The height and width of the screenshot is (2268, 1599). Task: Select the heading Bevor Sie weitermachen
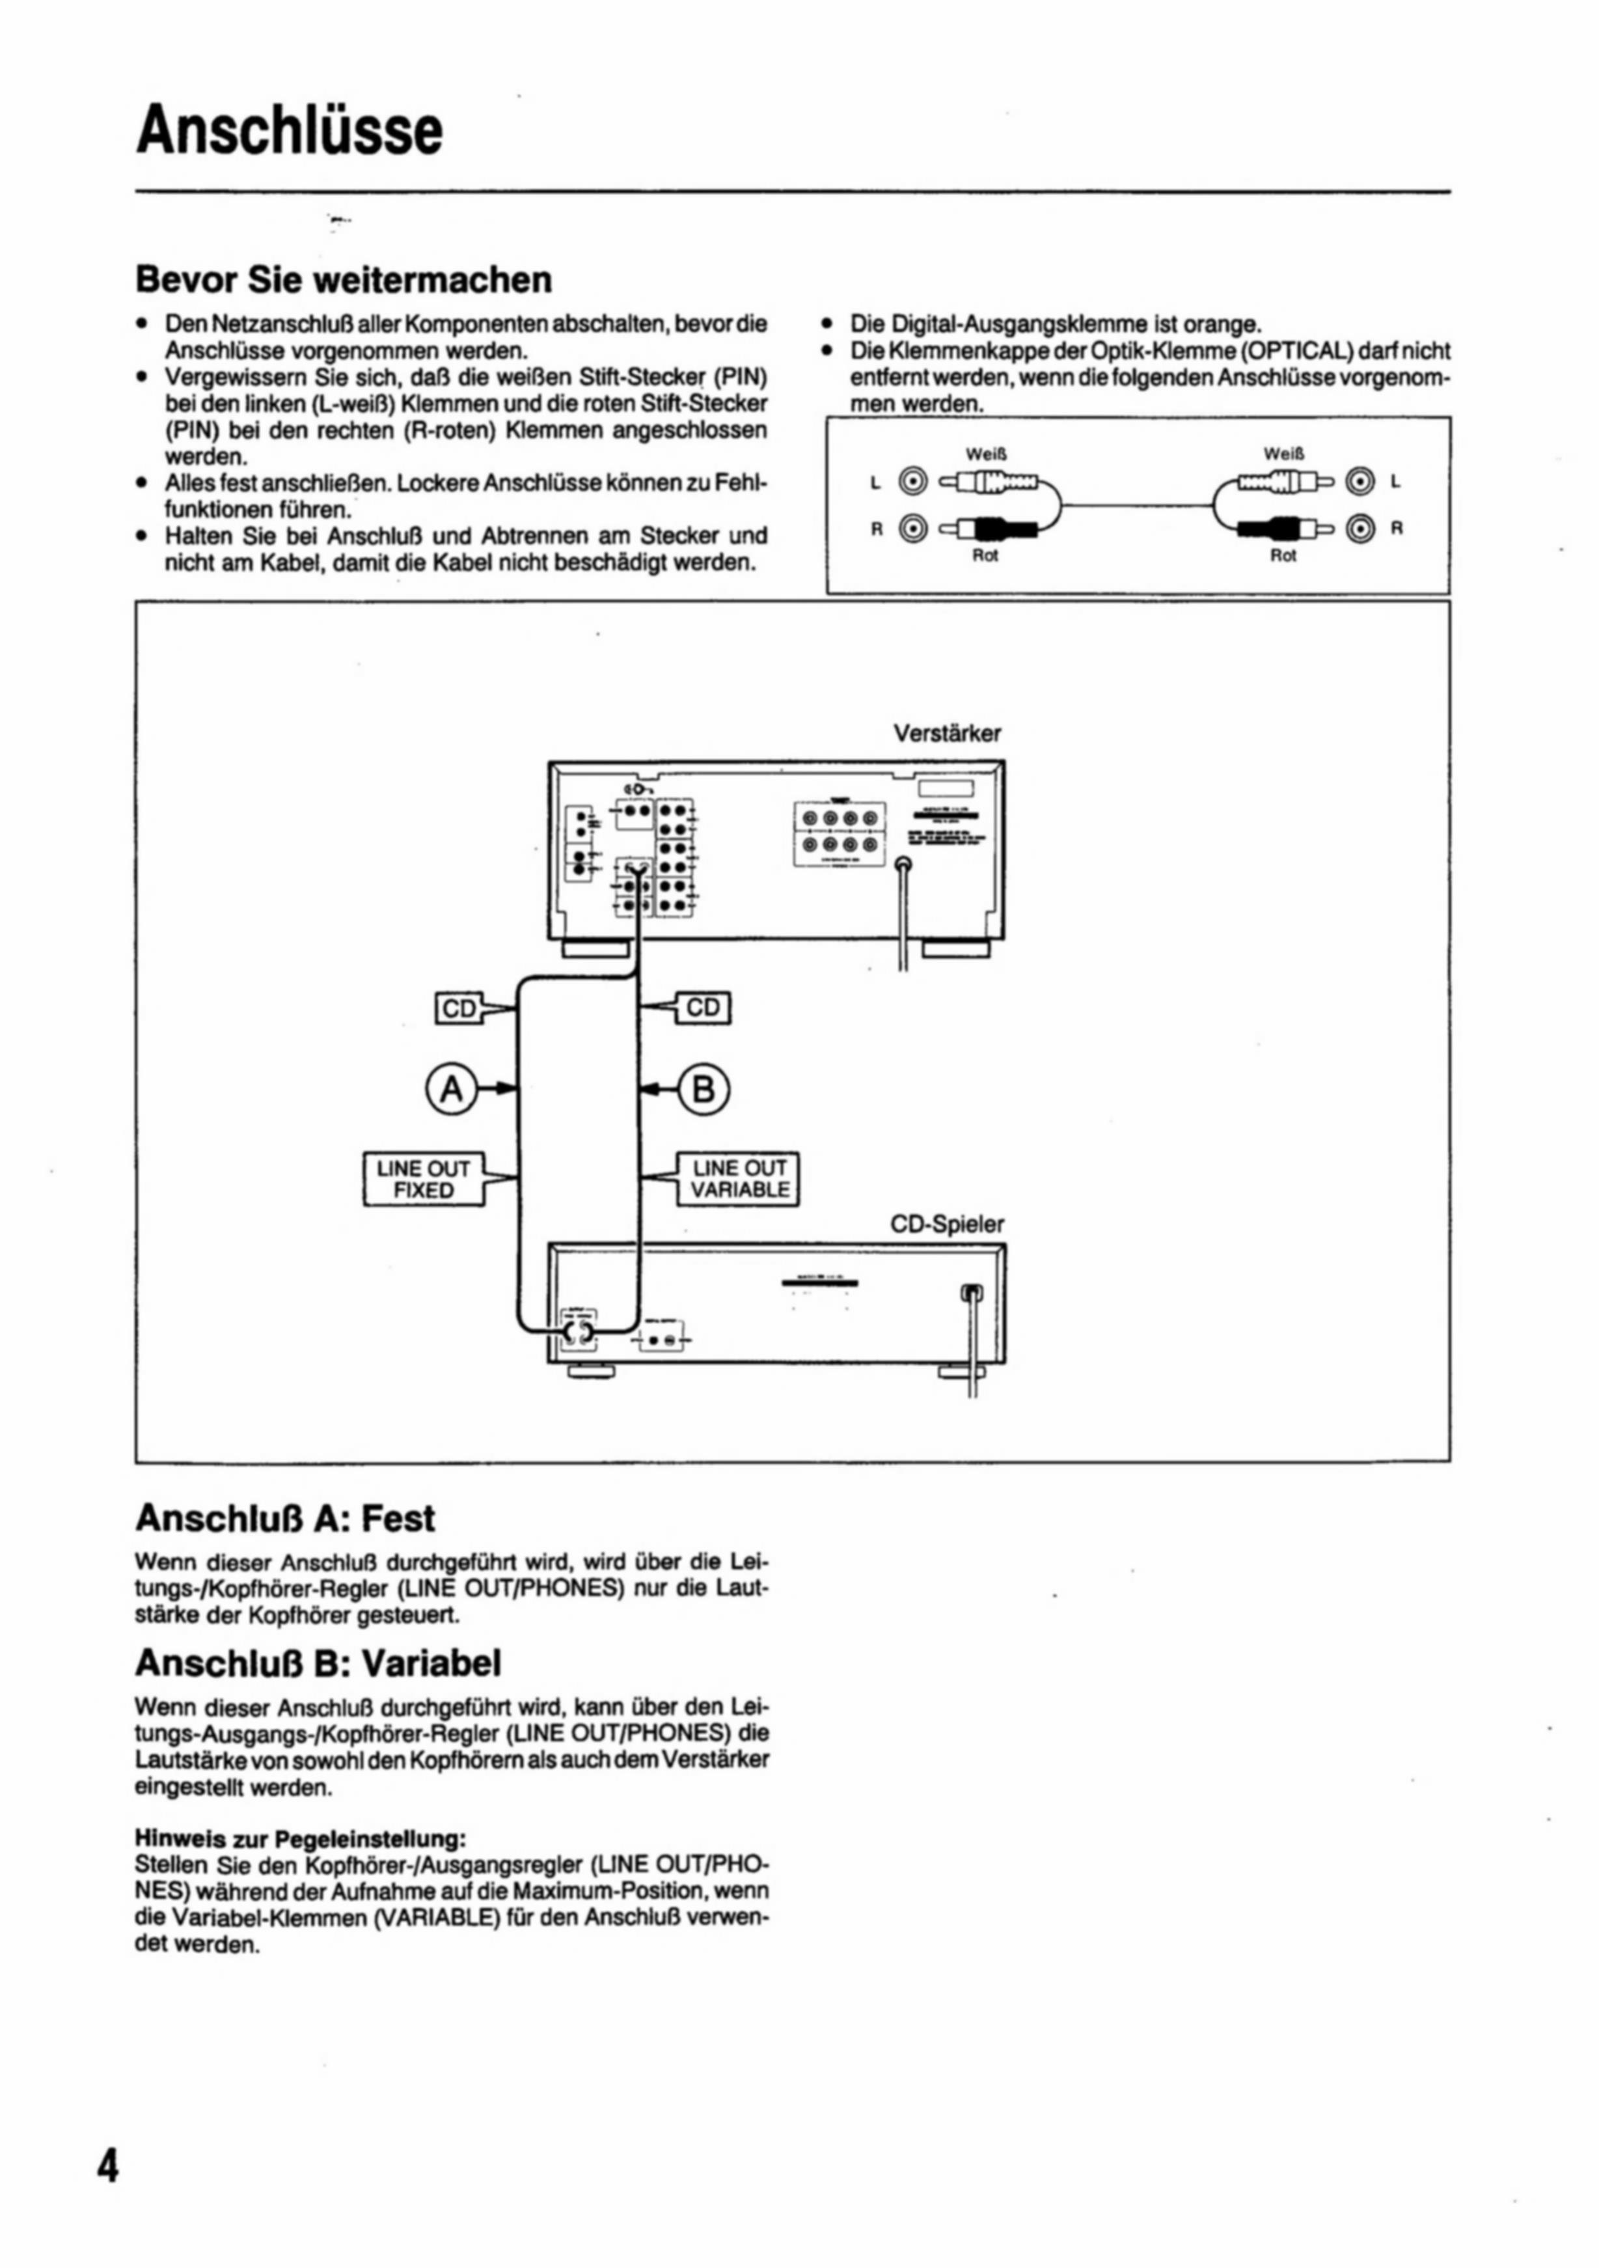coord(343,279)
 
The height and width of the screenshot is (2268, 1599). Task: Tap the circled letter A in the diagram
coord(452,1088)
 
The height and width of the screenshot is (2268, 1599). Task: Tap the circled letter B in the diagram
coord(704,1088)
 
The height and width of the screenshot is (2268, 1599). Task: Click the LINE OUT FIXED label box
coord(424,1178)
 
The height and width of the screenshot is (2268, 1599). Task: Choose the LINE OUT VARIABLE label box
coord(739,1178)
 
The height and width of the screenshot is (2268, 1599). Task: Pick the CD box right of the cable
coord(704,1008)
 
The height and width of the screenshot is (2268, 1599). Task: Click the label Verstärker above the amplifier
coord(946,733)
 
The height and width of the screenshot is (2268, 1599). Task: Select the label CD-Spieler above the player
coord(946,1224)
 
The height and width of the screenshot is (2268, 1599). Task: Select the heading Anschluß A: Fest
coord(284,1517)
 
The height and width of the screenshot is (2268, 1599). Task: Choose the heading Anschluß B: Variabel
coord(318,1663)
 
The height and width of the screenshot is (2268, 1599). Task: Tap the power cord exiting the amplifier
coord(902,919)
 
